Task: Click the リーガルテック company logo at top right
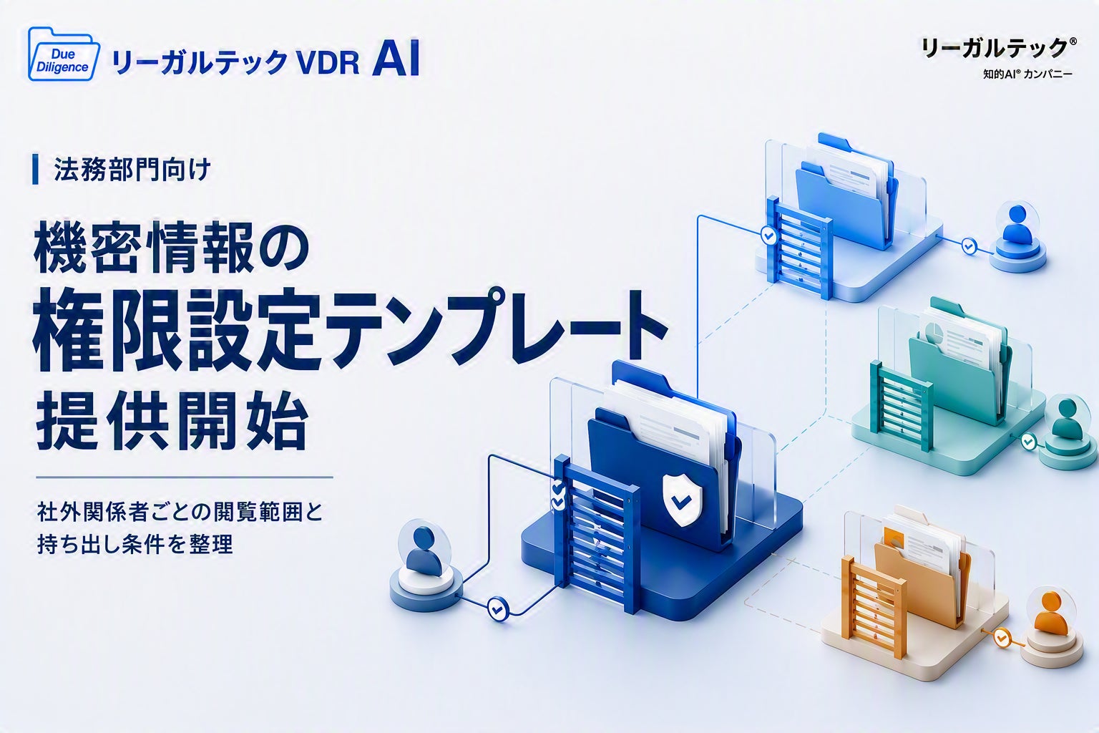(999, 48)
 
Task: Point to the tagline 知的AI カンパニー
(1028, 74)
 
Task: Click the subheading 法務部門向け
(132, 170)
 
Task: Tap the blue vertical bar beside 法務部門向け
(35, 170)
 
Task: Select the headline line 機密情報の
(171, 248)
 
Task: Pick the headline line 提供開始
(172, 423)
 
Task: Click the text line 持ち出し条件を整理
(135, 543)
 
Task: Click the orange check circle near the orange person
(1001, 637)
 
